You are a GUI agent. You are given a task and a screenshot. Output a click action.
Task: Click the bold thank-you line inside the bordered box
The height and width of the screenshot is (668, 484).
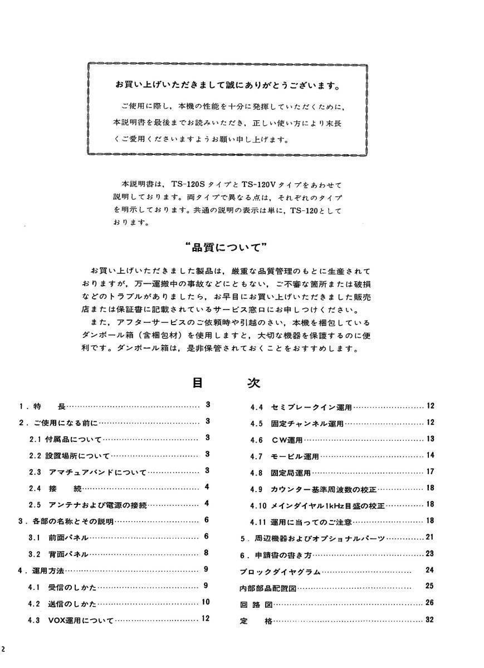point(228,86)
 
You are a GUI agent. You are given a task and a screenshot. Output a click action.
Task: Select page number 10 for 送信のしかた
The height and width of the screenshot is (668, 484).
point(206,602)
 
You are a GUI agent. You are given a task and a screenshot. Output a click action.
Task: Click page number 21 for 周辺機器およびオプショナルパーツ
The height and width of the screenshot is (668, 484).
point(429,538)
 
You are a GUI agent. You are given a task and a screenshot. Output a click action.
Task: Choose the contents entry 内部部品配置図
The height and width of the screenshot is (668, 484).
point(267,587)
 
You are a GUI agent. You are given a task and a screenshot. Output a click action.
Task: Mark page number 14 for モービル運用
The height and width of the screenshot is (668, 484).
point(429,456)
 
